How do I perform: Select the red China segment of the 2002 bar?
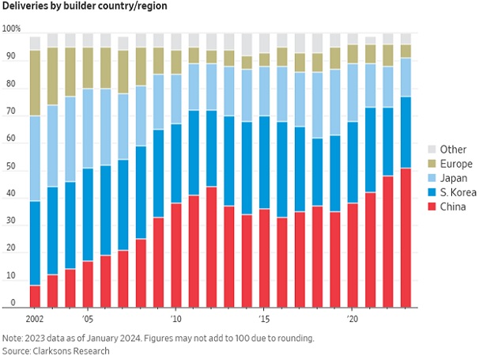tap(35, 295)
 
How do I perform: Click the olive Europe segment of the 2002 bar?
tap(35, 83)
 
